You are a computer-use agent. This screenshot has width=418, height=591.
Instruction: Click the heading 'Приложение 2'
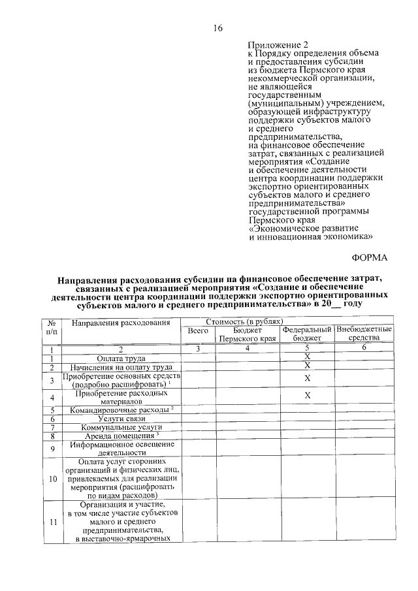276,45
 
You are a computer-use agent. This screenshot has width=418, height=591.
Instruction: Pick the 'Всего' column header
197,332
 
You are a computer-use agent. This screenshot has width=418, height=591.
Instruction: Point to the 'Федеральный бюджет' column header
307,335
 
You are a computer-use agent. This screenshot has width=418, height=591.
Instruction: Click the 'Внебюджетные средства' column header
364,335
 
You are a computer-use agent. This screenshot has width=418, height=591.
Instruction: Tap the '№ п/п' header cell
51,327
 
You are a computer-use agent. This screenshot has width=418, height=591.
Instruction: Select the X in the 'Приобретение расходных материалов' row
307,396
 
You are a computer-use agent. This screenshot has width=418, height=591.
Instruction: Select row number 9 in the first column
51,448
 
